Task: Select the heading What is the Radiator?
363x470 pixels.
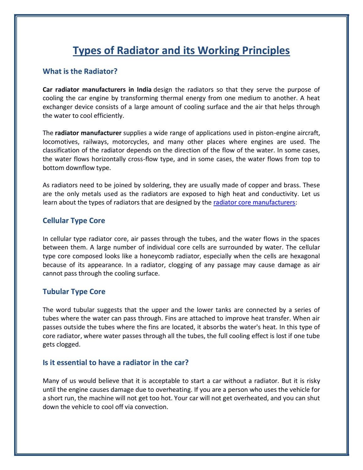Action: (80, 71)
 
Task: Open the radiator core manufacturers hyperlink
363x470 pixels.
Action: (254, 203)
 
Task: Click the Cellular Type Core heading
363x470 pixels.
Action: (74, 221)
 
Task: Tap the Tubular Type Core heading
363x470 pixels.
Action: (74, 292)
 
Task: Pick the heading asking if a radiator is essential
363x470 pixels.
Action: (115, 363)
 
